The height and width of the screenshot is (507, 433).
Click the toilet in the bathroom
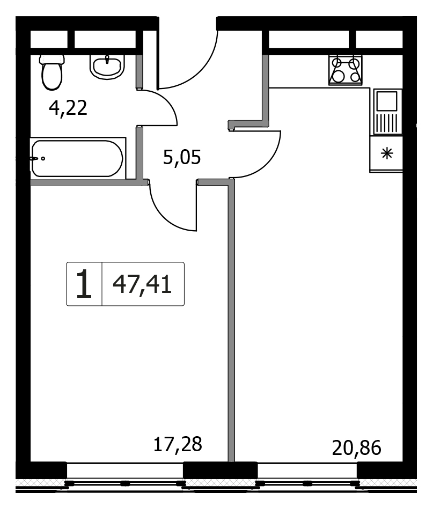coord(52,72)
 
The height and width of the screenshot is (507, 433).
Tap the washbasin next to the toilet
coord(107,67)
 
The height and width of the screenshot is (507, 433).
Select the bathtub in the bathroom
coord(78,158)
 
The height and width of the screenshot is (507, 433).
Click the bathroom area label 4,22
coord(68,108)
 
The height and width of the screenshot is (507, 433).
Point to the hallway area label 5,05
coord(182,157)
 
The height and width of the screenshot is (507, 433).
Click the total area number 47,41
coord(142,285)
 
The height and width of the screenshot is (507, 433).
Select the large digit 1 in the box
coord(84,284)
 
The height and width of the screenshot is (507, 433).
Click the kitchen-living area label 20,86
coord(357,448)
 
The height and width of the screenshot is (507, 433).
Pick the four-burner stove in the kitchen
coord(346,70)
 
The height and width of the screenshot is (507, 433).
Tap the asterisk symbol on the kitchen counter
coord(387,153)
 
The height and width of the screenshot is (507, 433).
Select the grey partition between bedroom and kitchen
coord(231,320)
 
